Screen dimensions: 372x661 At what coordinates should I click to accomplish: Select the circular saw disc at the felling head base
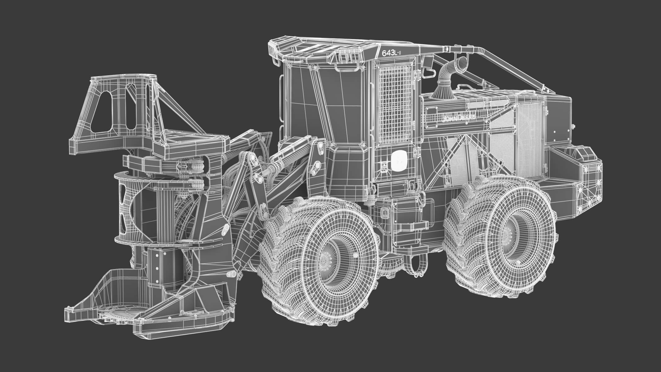point(118,315)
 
